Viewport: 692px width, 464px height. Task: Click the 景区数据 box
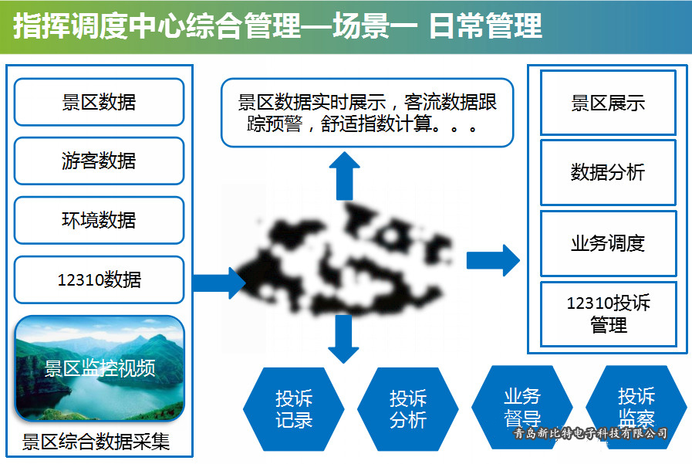(99, 102)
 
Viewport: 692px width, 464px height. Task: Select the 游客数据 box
(99, 161)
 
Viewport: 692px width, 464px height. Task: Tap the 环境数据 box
(99, 220)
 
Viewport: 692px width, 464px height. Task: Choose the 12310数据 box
(99, 279)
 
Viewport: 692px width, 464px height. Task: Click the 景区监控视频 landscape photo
(100, 367)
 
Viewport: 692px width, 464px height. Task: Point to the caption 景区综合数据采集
(96, 442)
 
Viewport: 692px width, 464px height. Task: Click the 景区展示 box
(608, 103)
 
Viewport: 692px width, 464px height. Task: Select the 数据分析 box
(608, 173)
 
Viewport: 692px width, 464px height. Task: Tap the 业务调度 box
(608, 243)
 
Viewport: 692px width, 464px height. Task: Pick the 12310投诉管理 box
(608, 313)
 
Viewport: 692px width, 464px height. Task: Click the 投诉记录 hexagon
(294, 409)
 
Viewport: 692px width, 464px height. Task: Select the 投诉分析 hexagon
(408, 409)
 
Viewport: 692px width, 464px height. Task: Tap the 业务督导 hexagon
(522, 406)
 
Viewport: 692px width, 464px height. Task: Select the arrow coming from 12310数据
(219, 283)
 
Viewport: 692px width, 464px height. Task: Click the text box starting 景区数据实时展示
(367, 113)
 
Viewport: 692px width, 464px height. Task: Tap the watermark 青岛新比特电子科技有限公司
(591, 434)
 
